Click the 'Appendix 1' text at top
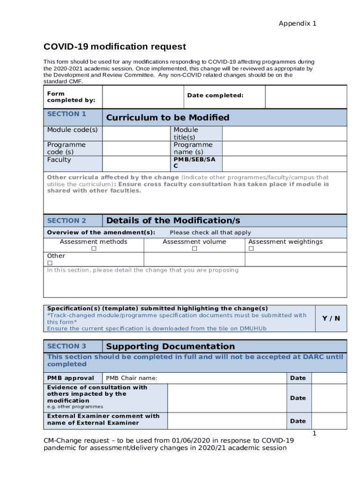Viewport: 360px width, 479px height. pyautogui.click(x=297, y=23)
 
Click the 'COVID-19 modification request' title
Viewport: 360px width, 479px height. pyautogui.click(x=115, y=47)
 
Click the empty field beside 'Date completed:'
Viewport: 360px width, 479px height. pyautogui.click(x=306, y=97)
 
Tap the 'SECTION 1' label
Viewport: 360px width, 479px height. pyautogui.click(x=66, y=114)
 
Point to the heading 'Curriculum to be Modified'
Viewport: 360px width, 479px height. pyautogui.click(x=168, y=117)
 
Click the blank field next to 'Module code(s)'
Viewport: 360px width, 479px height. pyautogui.click(x=136, y=133)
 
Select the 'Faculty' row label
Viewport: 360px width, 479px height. pyautogui.click(x=59, y=160)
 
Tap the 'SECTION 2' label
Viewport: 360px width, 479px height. pyautogui.click(x=66, y=221)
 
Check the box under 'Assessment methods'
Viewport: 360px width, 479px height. pyautogui.click(x=94, y=249)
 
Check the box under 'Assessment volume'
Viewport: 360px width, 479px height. pyautogui.click(x=194, y=249)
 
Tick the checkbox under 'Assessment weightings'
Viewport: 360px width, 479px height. pyautogui.click(x=251, y=249)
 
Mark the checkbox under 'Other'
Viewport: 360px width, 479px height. pyautogui.click(x=50, y=263)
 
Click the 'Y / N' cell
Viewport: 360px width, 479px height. pyautogui.click(x=331, y=318)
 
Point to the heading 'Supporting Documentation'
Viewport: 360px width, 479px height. pyautogui.click(x=171, y=347)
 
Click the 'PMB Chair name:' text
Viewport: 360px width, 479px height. pyautogui.click(x=132, y=378)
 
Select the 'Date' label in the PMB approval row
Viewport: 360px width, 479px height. pyautogui.click(x=298, y=378)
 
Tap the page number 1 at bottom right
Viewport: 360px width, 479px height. pyautogui.click(x=315, y=434)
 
